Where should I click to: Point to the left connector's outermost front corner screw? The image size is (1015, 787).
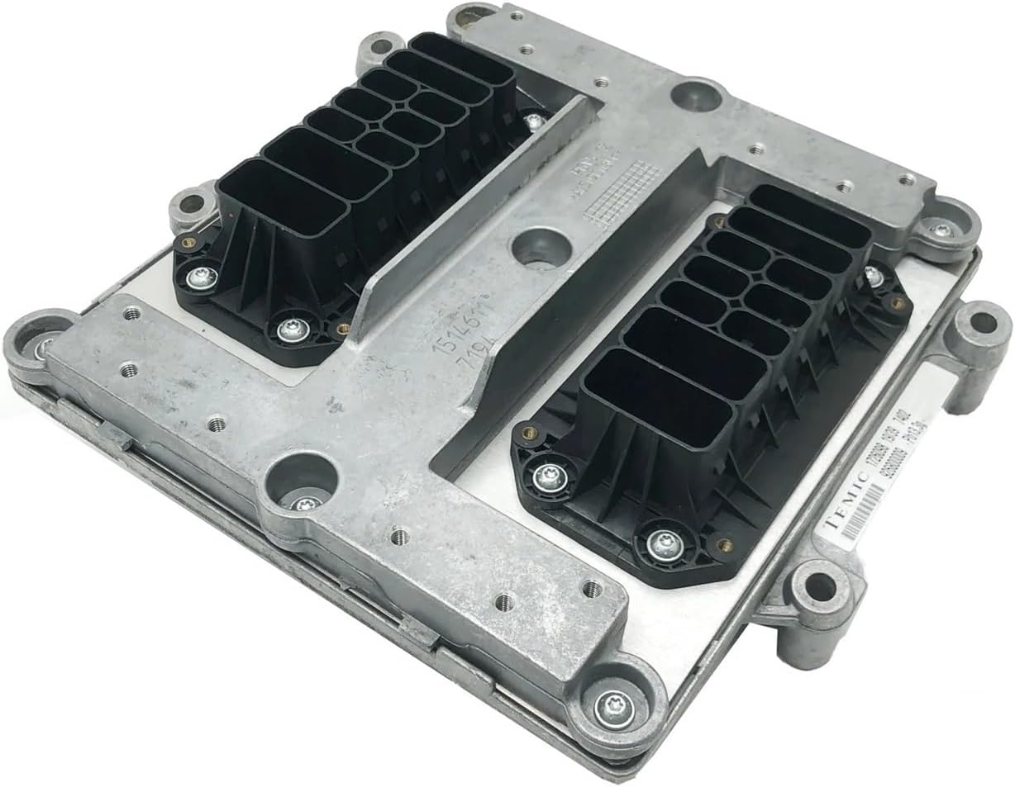202,277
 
